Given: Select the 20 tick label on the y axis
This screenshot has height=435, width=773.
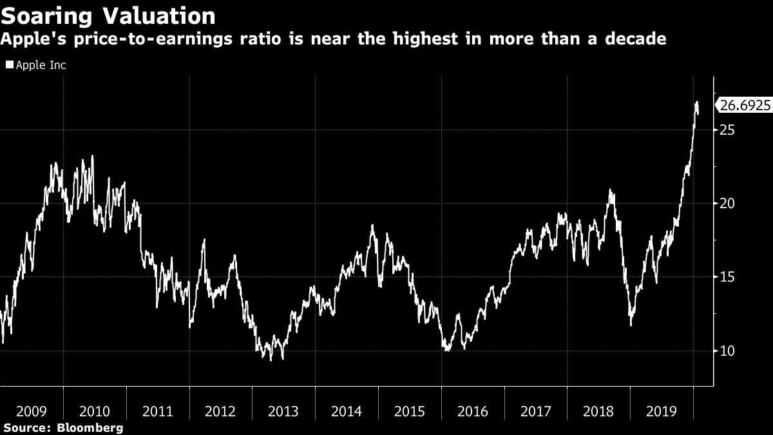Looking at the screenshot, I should pyautogui.click(x=728, y=204).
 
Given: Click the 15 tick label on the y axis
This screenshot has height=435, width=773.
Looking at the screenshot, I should pyautogui.click(x=728, y=277).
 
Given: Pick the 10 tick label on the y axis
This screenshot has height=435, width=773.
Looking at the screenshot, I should pyautogui.click(x=728, y=351).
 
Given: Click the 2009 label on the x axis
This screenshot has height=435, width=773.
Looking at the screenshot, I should pyautogui.click(x=31, y=411).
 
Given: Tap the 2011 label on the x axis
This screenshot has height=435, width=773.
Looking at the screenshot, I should pyautogui.click(x=157, y=411).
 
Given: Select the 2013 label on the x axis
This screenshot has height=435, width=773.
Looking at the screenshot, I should pyautogui.click(x=283, y=411).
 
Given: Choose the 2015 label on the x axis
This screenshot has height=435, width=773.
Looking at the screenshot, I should pyautogui.click(x=410, y=411).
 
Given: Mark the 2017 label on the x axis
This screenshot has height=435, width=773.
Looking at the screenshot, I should pyautogui.click(x=536, y=411).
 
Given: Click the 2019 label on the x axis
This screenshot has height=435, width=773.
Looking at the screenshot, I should pyautogui.click(x=662, y=411).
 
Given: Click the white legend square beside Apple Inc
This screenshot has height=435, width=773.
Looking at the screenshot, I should pyautogui.click(x=9, y=65).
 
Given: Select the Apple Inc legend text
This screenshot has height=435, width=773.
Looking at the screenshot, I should pyautogui.click(x=41, y=65).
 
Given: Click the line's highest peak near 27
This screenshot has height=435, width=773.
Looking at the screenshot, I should pyautogui.click(x=696, y=102).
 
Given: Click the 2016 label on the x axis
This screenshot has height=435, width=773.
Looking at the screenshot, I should pyautogui.click(x=473, y=411).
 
